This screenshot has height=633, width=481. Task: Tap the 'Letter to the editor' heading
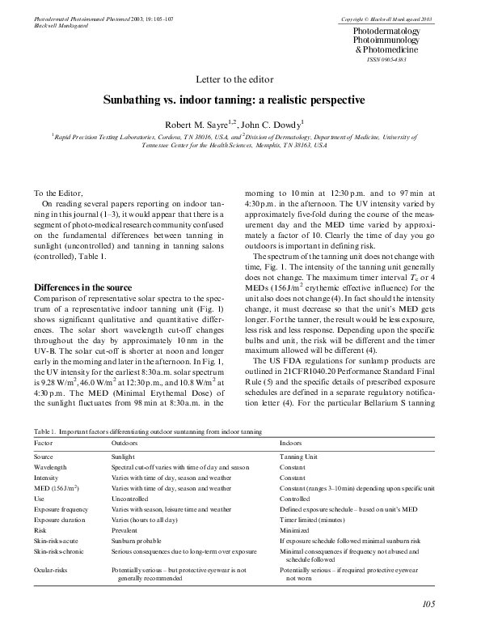coord(240,79)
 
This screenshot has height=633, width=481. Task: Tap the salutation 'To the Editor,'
coord(57,193)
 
